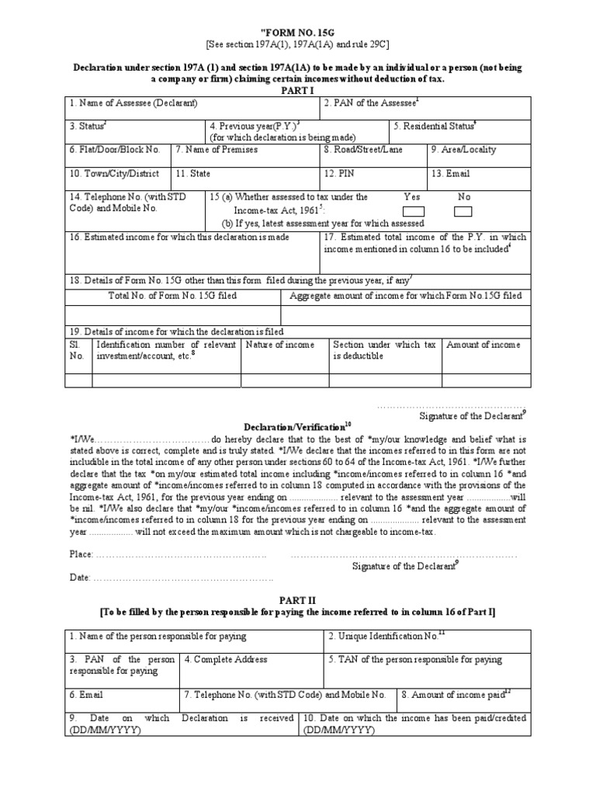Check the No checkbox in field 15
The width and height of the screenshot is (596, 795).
click(463, 211)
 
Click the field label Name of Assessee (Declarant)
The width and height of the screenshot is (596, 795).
click(133, 103)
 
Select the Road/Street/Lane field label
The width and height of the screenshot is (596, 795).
click(363, 149)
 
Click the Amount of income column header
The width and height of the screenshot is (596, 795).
click(483, 345)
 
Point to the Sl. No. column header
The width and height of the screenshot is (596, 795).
click(76, 350)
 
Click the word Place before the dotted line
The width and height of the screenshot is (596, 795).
click(80, 554)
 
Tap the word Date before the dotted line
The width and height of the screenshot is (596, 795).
click(79, 578)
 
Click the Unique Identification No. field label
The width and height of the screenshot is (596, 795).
click(386, 636)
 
